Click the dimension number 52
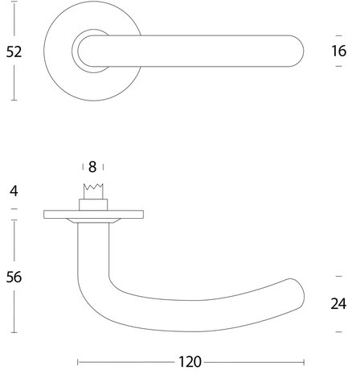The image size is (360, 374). pyautogui.click(x=14, y=51)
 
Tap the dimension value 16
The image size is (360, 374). pyautogui.click(x=339, y=51)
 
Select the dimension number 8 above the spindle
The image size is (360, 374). pyautogui.click(x=92, y=167)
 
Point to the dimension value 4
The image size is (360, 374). pyautogui.click(x=14, y=191)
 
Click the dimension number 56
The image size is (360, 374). pyautogui.click(x=14, y=277)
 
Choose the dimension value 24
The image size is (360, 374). pyautogui.click(x=338, y=304)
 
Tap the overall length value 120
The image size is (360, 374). pyautogui.click(x=190, y=362)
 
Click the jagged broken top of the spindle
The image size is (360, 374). pyautogui.click(x=93, y=186)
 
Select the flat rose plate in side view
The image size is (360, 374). pyautogui.click(x=93, y=215)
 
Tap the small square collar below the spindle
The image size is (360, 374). pyautogui.click(x=93, y=205)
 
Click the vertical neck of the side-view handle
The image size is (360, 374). pyautogui.click(x=93, y=249)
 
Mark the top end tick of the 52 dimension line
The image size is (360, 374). pyautogui.click(x=14, y=2)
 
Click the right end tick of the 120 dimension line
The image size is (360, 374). pyautogui.click(x=304, y=362)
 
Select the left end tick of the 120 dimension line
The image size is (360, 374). pyautogui.click(x=78, y=362)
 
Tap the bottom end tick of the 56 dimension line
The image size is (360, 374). pyautogui.click(x=14, y=332)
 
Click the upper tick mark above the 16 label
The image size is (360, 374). pyautogui.click(x=339, y=35)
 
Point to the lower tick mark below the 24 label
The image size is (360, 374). pyautogui.click(x=339, y=332)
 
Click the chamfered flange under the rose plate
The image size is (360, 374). pyautogui.click(x=93, y=220)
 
